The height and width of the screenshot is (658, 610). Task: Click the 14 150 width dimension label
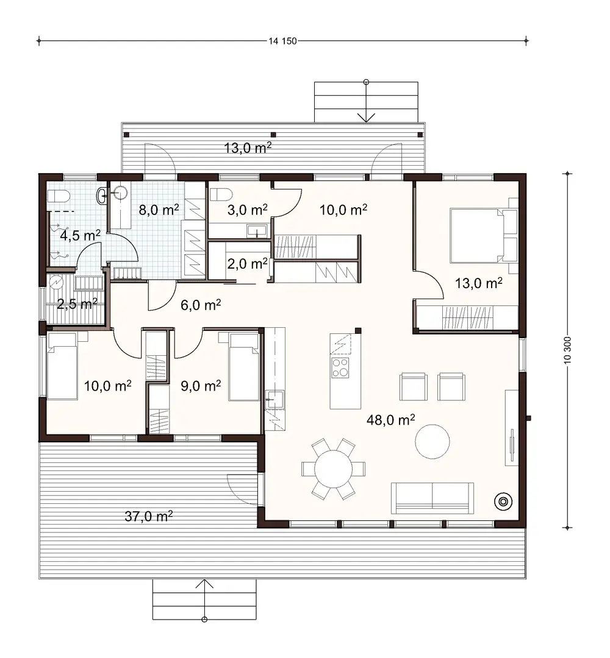(x=282, y=41)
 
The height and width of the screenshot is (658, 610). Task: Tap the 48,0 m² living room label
(x=391, y=419)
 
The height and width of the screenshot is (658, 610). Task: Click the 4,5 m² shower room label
(x=79, y=235)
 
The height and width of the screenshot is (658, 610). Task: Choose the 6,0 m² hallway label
(x=200, y=305)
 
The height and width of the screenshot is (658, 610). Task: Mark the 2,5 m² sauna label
(x=77, y=303)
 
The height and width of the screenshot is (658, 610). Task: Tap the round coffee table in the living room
(x=433, y=440)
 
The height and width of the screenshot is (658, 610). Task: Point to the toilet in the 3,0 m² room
(x=221, y=196)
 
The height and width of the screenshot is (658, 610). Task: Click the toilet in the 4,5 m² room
(x=60, y=197)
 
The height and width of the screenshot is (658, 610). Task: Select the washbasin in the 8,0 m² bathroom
(x=119, y=194)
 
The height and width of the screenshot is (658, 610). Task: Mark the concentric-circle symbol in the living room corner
(x=503, y=501)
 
